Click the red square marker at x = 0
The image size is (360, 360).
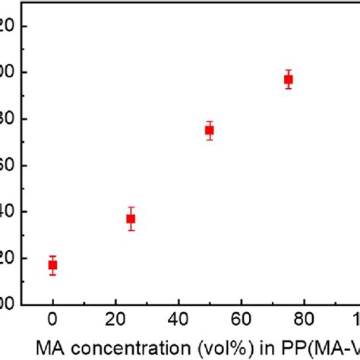[52, 265]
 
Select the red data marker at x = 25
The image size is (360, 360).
[131, 219]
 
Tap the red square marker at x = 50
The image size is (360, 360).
[210, 130]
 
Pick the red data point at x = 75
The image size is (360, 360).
[288, 79]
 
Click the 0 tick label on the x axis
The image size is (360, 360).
[52, 317]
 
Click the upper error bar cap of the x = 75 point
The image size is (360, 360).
[288, 70]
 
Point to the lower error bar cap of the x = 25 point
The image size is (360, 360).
[131, 230]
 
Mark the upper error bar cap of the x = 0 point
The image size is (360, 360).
[52, 256]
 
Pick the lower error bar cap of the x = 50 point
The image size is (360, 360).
[210, 139]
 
